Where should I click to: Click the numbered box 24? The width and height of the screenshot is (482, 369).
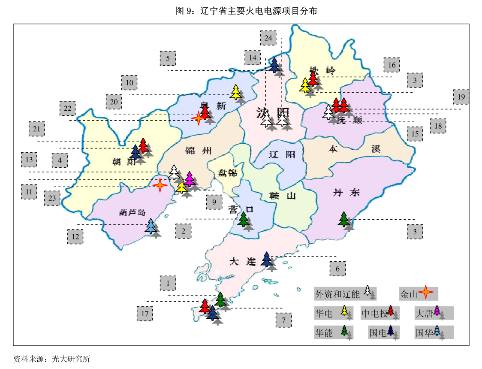(x=268, y=38)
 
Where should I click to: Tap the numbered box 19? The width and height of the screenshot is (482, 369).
(x=461, y=97)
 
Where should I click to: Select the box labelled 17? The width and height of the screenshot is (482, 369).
(x=145, y=314)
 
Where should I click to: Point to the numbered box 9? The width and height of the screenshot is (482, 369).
(x=214, y=201)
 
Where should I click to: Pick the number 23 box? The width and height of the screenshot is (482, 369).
(x=52, y=198)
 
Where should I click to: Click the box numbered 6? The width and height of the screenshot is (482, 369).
(x=337, y=269)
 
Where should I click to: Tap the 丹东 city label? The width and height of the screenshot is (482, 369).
(x=346, y=193)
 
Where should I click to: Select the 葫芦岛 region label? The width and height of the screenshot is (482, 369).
(x=133, y=212)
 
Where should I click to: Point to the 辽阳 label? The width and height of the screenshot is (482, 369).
(x=282, y=154)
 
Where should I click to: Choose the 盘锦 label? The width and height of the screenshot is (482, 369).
(x=227, y=173)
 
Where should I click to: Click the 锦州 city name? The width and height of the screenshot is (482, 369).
(x=199, y=151)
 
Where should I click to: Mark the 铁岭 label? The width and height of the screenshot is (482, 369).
(x=322, y=71)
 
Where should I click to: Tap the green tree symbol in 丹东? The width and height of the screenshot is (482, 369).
(x=344, y=219)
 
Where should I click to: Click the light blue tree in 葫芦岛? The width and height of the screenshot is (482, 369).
(x=151, y=226)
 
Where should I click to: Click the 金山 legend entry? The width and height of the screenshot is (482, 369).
(x=418, y=294)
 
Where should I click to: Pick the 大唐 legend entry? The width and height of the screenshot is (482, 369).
(x=433, y=313)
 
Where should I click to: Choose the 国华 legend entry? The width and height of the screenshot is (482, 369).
(x=433, y=332)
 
